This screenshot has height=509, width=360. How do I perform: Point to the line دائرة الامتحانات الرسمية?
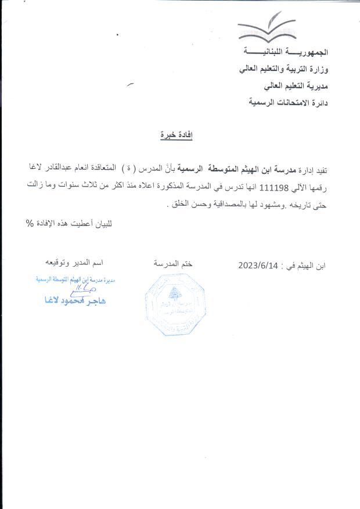(x=288, y=102)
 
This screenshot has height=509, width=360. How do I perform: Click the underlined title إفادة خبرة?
(x=176, y=135)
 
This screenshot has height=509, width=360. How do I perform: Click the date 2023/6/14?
(x=259, y=266)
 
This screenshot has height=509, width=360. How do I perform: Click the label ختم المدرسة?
(x=173, y=264)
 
